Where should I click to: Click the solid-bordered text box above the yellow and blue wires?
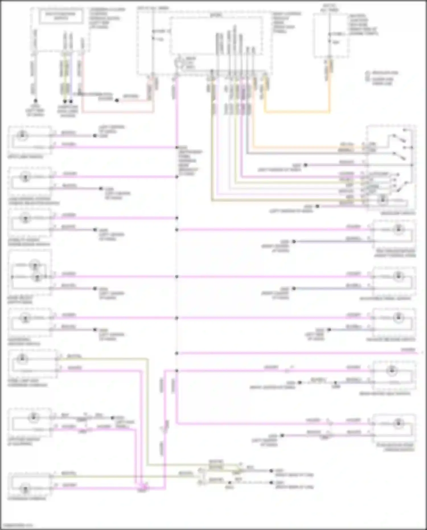[x=61, y=16]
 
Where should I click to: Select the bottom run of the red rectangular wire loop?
[x=118, y=111]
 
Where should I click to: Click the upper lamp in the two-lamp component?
[x=35, y=265]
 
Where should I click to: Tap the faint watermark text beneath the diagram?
[x=17, y=525]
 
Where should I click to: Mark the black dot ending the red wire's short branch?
[x=117, y=100]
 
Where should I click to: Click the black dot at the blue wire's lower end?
[x=71, y=101]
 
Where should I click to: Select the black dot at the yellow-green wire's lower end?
[x=65, y=101]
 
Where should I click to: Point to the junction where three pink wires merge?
[x=142, y=489]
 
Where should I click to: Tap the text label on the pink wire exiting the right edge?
[x=408, y=349]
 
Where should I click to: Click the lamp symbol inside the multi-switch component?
[x=383, y=200]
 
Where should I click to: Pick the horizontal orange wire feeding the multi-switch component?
[x=307, y=147]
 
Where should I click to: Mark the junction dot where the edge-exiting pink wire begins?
[x=177, y=353]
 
